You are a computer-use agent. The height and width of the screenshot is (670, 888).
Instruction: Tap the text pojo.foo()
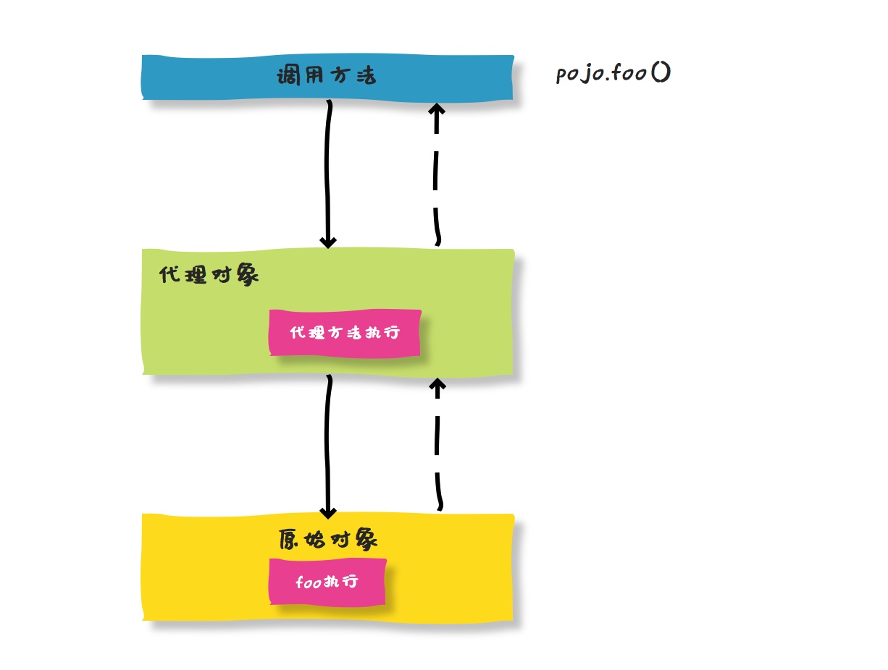tap(612, 74)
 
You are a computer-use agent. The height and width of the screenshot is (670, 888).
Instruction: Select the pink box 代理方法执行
tap(345, 333)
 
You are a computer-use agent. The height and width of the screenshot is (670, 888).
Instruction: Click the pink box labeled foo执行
tap(327, 582)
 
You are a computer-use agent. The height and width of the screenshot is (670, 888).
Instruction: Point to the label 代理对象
tap(209, 276)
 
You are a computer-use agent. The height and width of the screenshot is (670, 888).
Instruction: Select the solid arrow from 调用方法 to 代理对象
tap(328, 174)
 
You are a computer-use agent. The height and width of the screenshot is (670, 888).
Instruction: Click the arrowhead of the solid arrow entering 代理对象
tap(328, 241)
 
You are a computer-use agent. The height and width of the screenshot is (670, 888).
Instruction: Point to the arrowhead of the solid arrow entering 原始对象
tap(328, 511)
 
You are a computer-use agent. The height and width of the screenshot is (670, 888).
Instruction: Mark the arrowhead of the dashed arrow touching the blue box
tap(436, 110)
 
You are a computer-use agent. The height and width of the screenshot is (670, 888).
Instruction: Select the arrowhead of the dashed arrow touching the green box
tap(437, 383)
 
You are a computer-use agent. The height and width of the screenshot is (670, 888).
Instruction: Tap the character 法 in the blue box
tap(365, 76)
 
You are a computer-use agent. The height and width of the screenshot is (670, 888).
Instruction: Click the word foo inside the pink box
tap(309, 582)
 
